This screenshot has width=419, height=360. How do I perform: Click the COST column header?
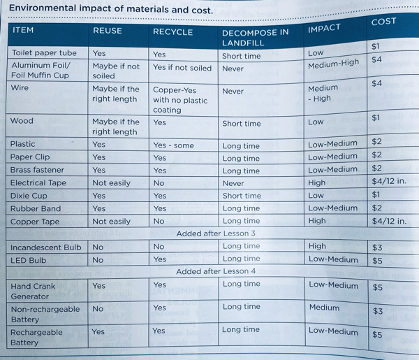click(x=383, y=22)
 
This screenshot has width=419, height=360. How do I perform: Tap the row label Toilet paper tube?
click(x=43, y=53)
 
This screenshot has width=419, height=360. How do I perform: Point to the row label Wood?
click(x=22, y=121)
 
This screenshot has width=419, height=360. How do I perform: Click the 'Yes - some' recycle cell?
click(x=174, y=145)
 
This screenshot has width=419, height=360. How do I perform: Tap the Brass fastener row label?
click(x=37, y=170)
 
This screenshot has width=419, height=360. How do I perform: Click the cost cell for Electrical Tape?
click(x=389, y=182)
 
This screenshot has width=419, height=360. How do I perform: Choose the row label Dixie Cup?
click(x=29, y=196)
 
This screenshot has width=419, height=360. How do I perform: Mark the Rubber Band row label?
click(x=35, y=208)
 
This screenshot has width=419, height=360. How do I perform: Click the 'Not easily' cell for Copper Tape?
click(x=111, y=222)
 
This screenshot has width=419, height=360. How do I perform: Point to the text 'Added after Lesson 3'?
click(x=216, y=233)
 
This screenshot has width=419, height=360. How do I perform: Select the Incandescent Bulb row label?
click(x=45, y=247)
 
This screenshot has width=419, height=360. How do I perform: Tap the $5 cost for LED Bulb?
click(x=377, y=261)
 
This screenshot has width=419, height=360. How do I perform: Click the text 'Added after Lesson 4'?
click(x=216, y=271)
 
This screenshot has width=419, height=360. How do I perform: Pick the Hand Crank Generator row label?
click(x=33, y=291)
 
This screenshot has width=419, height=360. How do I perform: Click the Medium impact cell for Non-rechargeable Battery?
click(x=325, y=308)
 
